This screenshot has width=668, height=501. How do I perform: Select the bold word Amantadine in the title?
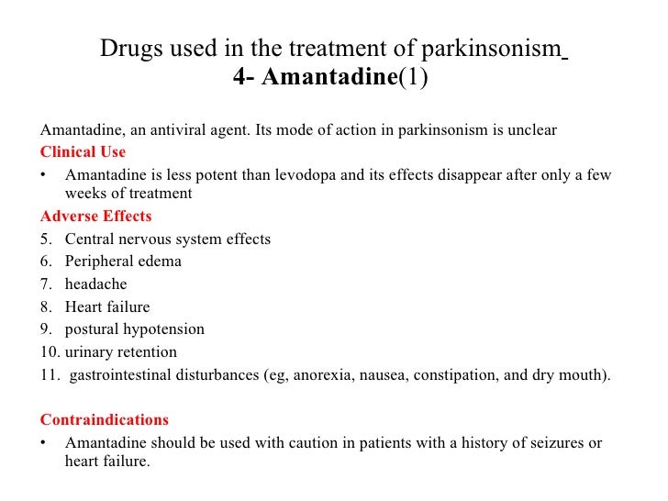pos(328,78)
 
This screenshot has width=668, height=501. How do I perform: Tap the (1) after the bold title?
pos(412,78)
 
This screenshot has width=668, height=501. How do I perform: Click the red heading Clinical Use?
pos(83,151)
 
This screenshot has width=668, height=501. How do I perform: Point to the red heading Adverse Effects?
pos(95,217)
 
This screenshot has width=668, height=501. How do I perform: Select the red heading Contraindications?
pos(104,419)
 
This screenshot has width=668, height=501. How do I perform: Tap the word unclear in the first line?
pos(526,129)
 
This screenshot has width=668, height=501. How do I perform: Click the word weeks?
pos(84,193)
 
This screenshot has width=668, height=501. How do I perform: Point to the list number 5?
pos(46,239)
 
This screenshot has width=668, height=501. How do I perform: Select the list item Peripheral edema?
pos(123,261)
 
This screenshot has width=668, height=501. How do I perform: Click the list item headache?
pos(95,284)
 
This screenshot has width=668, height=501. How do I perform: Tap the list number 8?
pos(46,306)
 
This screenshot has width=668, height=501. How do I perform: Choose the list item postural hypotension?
pos(134,328)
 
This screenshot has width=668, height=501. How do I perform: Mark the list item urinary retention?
pos(121,351)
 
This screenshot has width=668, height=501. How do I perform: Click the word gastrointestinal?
pos(121,374)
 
